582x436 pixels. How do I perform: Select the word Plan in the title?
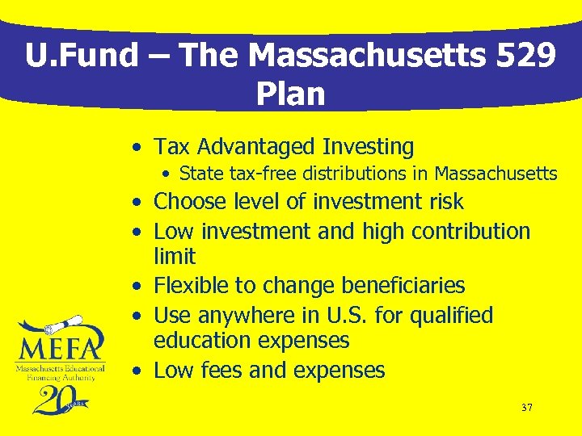pos(290,94)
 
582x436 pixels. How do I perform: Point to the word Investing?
pos(368,147)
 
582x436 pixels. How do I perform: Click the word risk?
pos(442,202)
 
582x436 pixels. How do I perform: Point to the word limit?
pos(175,257)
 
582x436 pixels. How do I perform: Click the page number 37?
pos(526,408)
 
